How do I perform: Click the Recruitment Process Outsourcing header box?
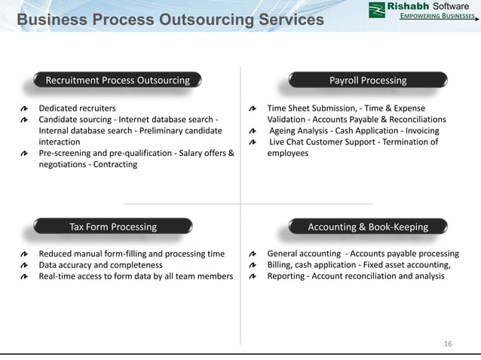pyautogui.click(x=118, y=81)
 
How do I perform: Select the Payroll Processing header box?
pyautogui.click(x=368, y=81)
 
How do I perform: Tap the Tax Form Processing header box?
pyautogui.click(x=113, y=227)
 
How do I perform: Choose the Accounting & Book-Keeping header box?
pyautogui.click(x=368, y=227)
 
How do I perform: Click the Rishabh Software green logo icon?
pyautogui.click(x=377, y=10)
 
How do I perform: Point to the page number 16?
pyautogui.click(x=449, y=344)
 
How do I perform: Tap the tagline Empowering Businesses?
pyautogui.click(x=437, y=16)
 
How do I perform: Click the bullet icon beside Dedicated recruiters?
pyautogui.click(x=25, y=108)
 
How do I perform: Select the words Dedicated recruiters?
pyautogui.click(x=77, y=108)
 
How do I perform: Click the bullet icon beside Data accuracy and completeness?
pyautogui.click(x=25, y=265)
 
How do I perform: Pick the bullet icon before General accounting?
pyautogui.click(x=253, y=255)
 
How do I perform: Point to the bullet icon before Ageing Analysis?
pyautogui.click(x=253, y=131)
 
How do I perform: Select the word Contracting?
pyautogui.click(x=115, y=164)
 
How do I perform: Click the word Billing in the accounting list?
pyautogui.click(x=280, y=265)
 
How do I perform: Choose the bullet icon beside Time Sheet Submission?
pyautogui.click(x=253, y=108)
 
